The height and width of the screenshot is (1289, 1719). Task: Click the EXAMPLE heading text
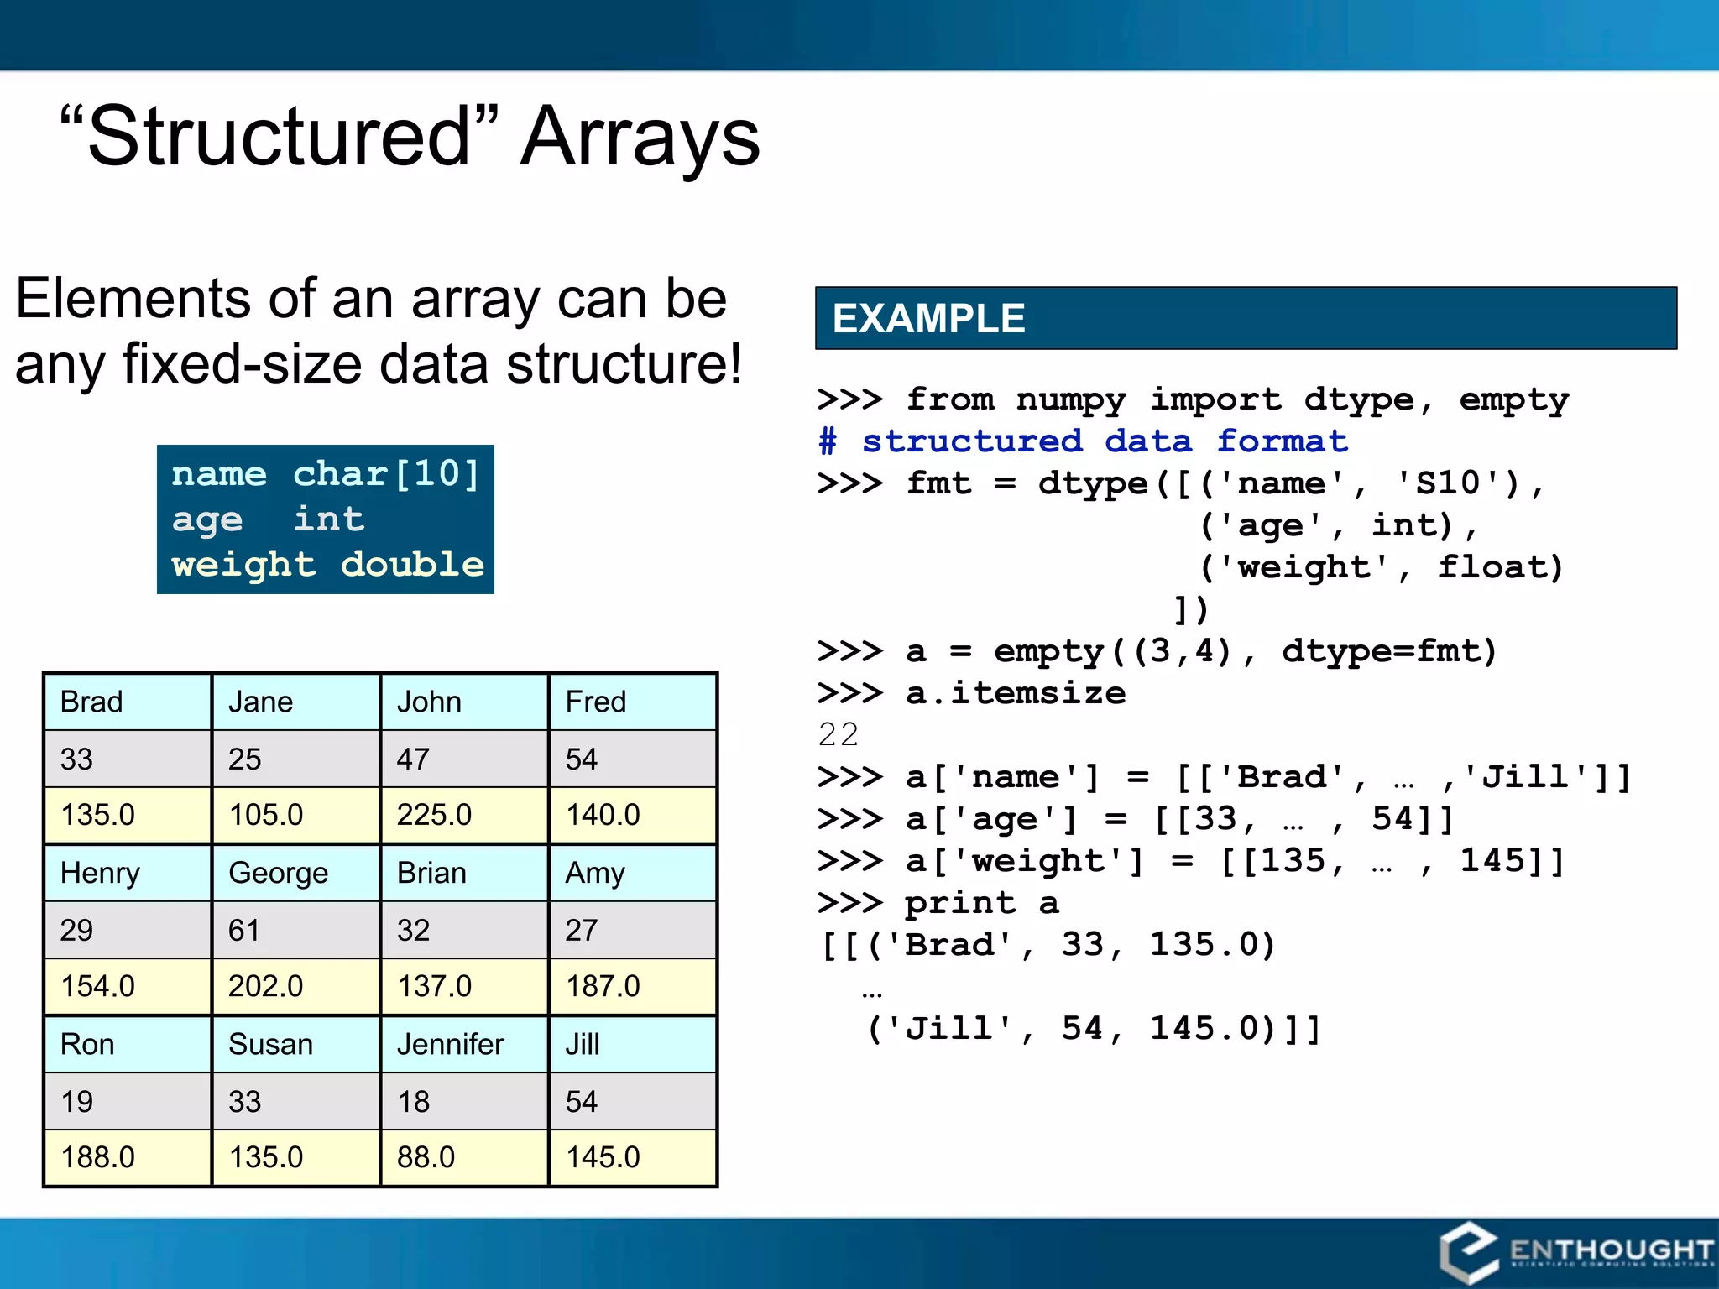(928, 319)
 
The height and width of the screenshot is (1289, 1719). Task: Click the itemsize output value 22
(838, 735)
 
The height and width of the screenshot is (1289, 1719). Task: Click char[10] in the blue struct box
(386, 474)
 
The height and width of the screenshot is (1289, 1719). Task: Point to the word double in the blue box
(412, 565)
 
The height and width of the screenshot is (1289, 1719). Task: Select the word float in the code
(1499, 567)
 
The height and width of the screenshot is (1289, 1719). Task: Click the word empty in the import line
(1513, 399)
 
